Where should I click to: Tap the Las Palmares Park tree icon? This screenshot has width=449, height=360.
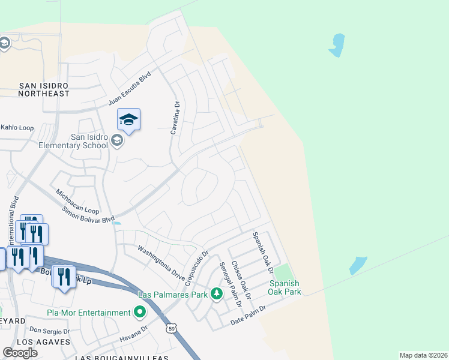(x=217, y=294)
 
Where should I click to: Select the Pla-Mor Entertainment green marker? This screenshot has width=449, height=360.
(x=140, y=312)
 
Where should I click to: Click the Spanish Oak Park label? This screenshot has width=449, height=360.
(x=285, y=288)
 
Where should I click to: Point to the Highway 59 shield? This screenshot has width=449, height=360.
(x=172, y=329)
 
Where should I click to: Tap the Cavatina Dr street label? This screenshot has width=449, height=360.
(x=176, y=117)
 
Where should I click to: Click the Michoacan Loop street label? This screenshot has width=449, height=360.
(x=77, y=202)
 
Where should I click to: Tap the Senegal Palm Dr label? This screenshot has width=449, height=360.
(x=230, y=284)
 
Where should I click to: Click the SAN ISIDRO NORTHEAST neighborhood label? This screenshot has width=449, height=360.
(x=44, y=90)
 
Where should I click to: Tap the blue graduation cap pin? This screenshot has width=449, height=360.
(x=128, y=120)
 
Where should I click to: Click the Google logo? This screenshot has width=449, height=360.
(x=20, y=352)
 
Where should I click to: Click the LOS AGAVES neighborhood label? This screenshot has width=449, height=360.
(x=44, y=342)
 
